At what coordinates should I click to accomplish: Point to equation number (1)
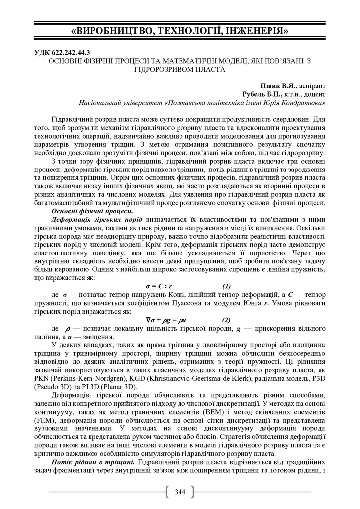tap(226, 286)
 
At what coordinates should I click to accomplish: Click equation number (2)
tap(226, 320)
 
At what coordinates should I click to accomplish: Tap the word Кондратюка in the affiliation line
tap(303, 103)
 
